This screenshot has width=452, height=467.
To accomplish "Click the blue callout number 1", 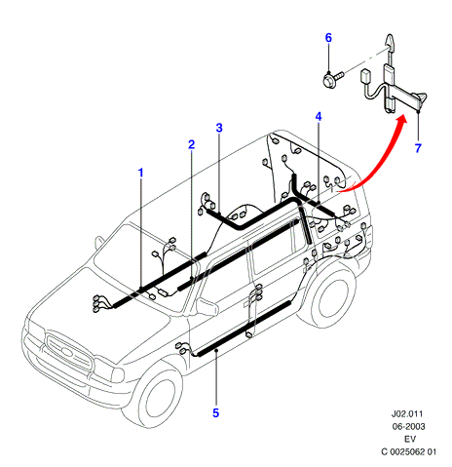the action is [140, 173].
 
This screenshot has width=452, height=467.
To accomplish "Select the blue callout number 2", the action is [192, 144].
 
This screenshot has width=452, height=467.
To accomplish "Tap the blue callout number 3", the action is [219, 128].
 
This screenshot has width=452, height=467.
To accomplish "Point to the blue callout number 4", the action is [319, 116].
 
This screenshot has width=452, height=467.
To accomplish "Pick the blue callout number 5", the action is [216, 413].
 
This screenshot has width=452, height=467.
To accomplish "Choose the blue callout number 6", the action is [328, 38].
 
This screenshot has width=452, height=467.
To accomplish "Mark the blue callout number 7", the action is [418, 148].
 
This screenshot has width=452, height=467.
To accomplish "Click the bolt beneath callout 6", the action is [332, 79].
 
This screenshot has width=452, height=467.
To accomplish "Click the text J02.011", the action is [407, 414].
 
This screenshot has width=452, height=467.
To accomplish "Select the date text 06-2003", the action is [408, 426].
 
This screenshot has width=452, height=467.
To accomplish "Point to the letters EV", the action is [410, 439].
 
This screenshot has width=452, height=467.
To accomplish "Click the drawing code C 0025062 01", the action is [409, 451].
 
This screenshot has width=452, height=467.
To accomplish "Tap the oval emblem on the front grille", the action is [67, 352].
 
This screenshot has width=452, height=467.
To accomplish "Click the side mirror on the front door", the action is [207, 306].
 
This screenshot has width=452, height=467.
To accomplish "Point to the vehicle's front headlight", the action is [108, 370].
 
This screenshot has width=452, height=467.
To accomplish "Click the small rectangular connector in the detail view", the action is [365, 76].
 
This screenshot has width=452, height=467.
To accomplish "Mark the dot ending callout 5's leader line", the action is [216, 350].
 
